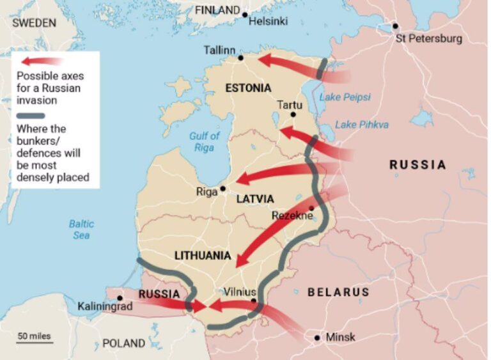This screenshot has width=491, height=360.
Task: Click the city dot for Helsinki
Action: pyautogui.click(x=244, y=13)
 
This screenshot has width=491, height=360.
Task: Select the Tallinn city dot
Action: pyautogui.click(x=241, y=58)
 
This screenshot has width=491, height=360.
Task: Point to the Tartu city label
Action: pyautogui.click(x=289, y=104)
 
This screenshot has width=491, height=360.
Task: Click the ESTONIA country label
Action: pyautogui.click(x=248, y=88)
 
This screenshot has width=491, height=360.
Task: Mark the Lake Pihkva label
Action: pyautogui.click(x=361, y=125)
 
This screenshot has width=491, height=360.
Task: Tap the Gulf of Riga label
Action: pyautogui.click(x=205, y=141)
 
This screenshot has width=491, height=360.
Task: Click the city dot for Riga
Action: pyautogui.click(x=222, y=189)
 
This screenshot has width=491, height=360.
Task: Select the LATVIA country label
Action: pyautogui.click(x=255, y=199)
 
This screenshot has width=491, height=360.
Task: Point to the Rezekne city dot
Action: pyautogui.click(x=311, y=208)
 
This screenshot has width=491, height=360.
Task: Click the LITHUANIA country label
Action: pyautogui.click(x=203, y=256)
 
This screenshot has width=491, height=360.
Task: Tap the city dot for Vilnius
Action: pyautogui.click(x=254, y=301)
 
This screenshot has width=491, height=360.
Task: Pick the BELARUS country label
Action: pyautogui.click(x=338, y=292)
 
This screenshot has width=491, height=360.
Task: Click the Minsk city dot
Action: pyautogui.click(x=316, y=338)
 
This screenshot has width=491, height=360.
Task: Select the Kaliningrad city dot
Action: pyautogui.click(x=120, y=298)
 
